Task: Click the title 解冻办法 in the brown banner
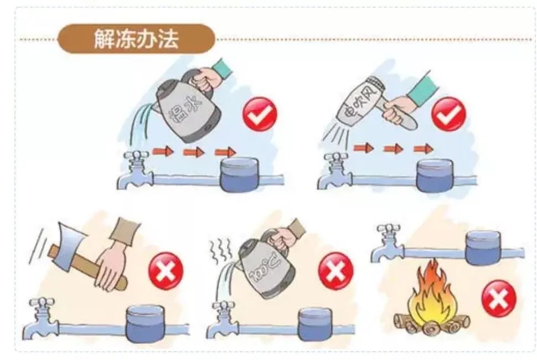136,38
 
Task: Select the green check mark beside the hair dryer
448,114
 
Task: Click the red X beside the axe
166,271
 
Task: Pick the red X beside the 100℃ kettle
335,271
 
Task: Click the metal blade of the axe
70,240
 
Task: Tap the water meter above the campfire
483,248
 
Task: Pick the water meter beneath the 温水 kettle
239,174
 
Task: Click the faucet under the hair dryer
335,171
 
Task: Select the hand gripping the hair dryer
399,110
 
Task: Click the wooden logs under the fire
431,323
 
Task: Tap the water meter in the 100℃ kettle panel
315,324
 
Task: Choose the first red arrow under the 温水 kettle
163,151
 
